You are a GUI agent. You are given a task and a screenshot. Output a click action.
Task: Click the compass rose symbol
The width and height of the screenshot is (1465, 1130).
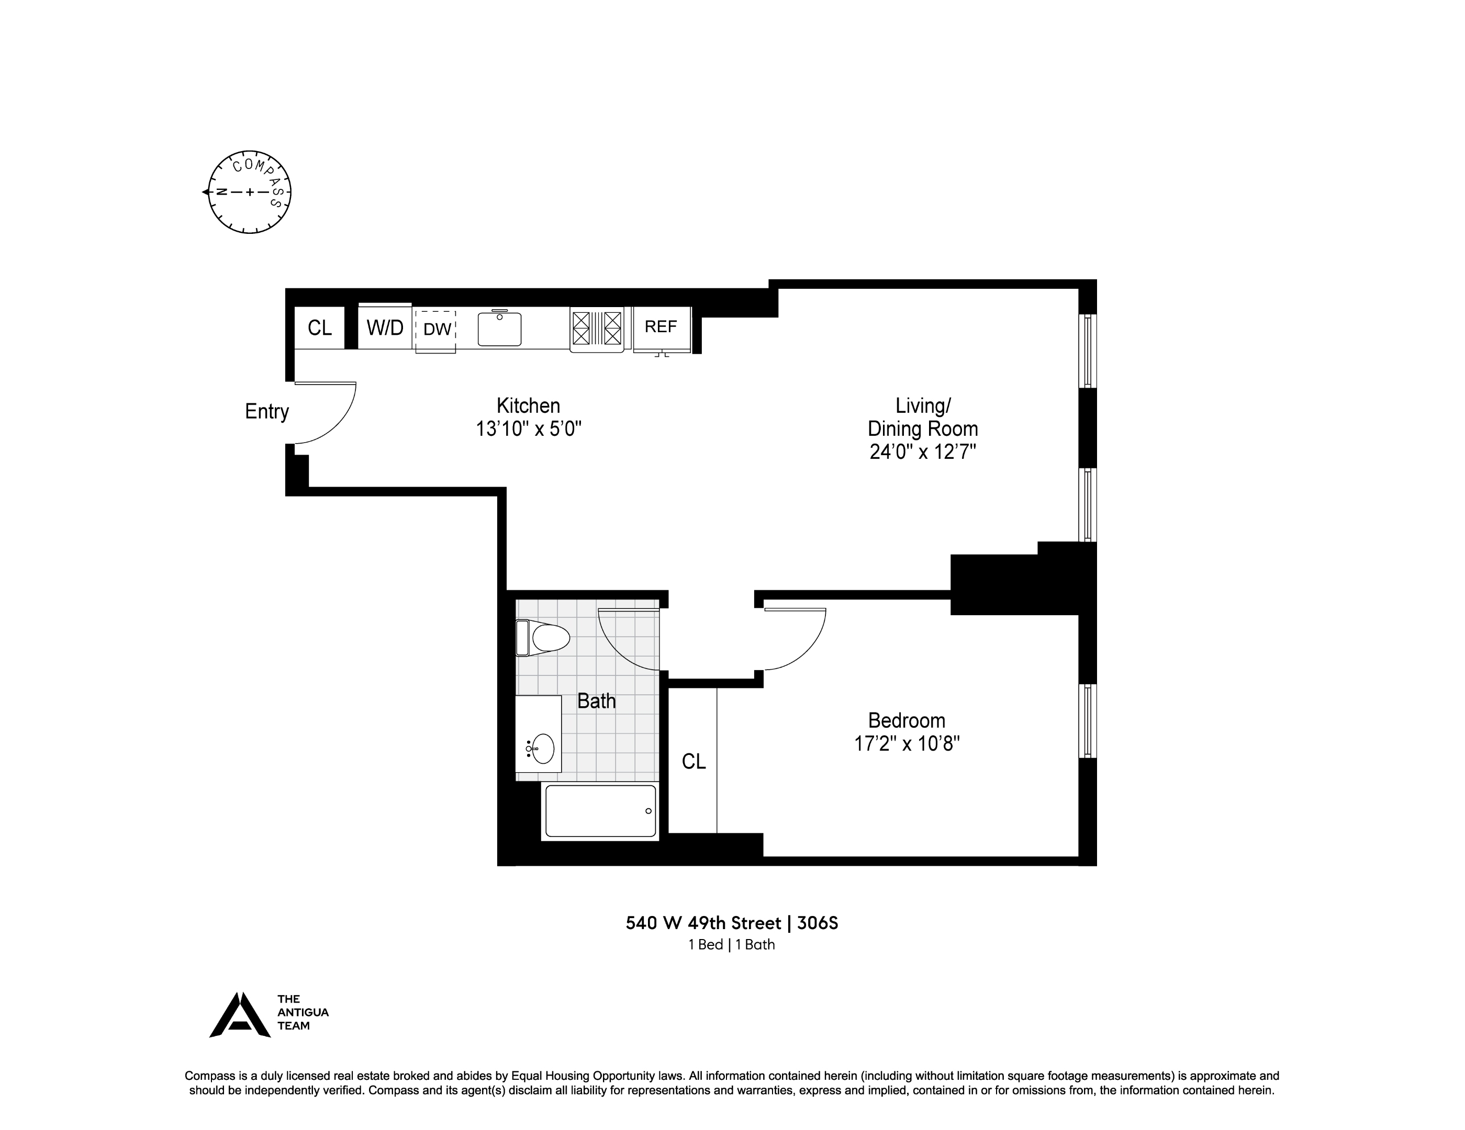click(x=250, y=193)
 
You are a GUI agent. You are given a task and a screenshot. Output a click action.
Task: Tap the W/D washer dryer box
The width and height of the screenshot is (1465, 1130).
click(x=385, y=327)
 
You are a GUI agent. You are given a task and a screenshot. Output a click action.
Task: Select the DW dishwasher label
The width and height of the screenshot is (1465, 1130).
click(x=437, y=329)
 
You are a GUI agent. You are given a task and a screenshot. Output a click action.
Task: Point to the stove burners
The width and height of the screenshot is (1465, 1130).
click(x=596, y=328)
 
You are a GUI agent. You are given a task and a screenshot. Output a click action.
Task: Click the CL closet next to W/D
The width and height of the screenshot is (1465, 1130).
click(x=320, y=327)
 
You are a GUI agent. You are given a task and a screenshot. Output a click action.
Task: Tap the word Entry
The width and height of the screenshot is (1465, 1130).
click(x=266, y=411)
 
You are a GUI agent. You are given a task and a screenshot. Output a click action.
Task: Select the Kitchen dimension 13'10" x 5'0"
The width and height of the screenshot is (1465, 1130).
click(x=528, y=428)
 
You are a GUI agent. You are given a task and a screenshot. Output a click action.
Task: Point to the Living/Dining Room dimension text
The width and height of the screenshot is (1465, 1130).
click(x=922, y=451)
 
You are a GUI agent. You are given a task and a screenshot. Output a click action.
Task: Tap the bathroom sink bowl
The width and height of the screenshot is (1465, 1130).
click(x=543, y=749)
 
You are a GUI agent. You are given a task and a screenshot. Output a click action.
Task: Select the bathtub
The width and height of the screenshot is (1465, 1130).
click(x=600, y=811)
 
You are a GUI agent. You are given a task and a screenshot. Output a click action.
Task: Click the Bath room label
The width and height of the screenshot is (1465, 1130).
click(x=596, y=701)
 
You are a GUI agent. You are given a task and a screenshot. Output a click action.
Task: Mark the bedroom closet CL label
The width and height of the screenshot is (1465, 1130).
click(x=694, y=761)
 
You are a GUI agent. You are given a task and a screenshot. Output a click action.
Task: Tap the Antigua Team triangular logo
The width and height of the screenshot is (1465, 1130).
click(x=240, y=1015)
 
